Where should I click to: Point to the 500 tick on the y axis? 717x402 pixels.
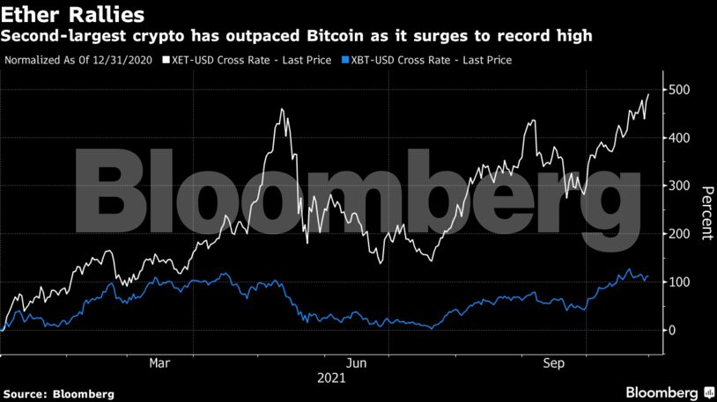click(680, 91)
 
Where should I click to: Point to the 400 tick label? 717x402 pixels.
click(680, 139)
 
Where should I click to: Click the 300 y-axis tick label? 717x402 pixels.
click(680, 186)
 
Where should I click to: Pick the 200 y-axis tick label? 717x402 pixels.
click(680, 235)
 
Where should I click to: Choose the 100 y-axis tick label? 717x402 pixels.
click(680, 282)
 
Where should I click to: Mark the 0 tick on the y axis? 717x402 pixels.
click(672, 331)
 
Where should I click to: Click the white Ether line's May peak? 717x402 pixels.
click(282, 110)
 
